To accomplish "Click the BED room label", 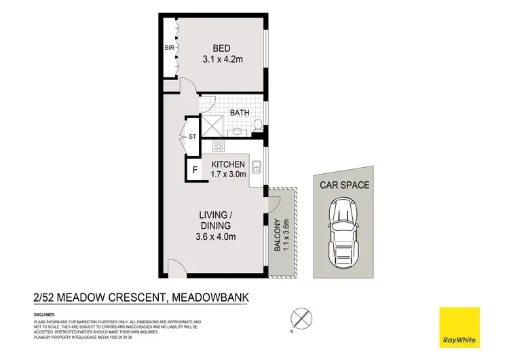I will [221, 48].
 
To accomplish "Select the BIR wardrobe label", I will [169, 48].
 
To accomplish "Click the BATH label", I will [239, 113].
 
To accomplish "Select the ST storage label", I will [192, 137].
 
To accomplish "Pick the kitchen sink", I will [257, 165].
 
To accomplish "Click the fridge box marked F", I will [195, 170].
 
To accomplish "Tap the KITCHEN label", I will [227, 165].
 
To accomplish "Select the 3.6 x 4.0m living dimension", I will [216, 236].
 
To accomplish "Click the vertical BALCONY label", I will [278, 236].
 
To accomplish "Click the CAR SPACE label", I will [345, 184].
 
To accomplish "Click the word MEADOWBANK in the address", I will [215, 295].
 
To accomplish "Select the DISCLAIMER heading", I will [45, 315].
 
